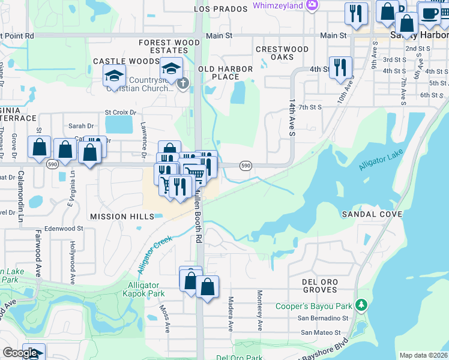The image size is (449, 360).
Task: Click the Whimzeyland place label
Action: pos(277,5)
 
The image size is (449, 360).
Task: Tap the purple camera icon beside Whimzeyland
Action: pos(311,5)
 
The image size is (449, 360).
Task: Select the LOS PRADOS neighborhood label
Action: pos(220,9)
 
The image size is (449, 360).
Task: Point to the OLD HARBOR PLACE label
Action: pos(226,73)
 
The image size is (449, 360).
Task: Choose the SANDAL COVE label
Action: pos(368,214)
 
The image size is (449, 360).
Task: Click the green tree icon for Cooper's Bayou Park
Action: pos(361,305)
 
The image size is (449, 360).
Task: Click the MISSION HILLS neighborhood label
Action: pos(117,217)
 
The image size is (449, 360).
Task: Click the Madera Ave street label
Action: pos(231,314)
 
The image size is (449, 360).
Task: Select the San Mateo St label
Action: pos(321,332)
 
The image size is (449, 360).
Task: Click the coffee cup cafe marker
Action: pos(429,13)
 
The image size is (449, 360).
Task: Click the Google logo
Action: pos(20,353)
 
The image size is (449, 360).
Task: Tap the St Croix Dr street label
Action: pos(121,112)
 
